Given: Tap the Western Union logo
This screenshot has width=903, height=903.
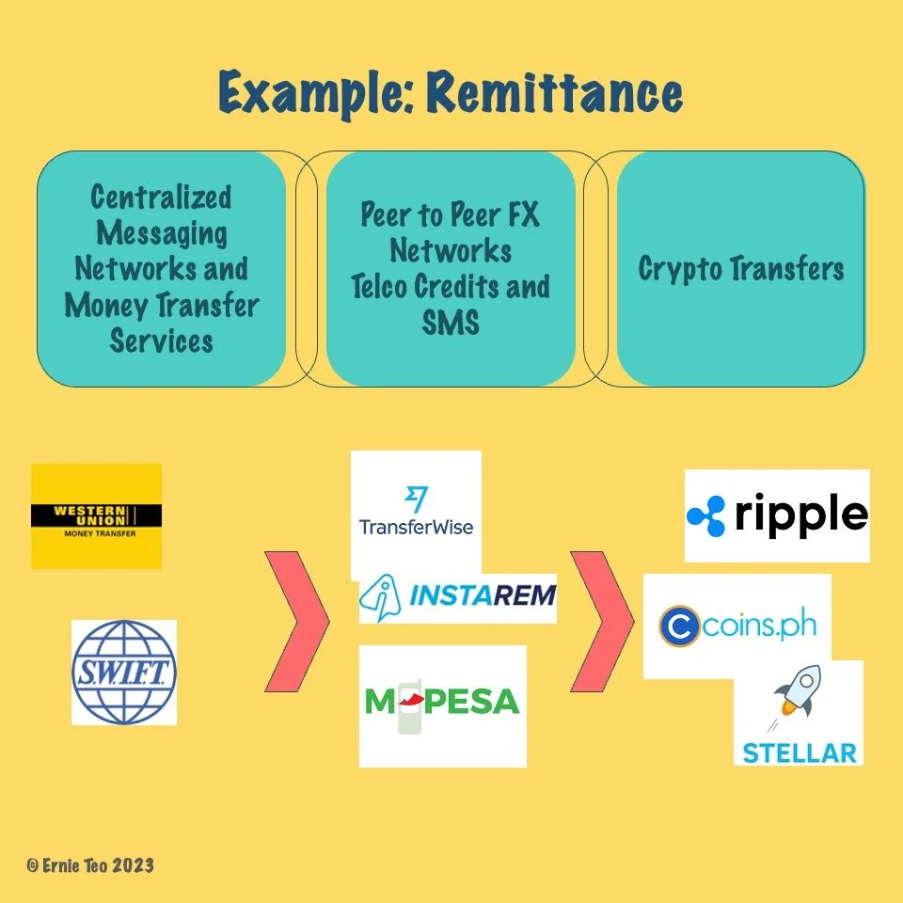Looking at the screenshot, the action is pyautogui.click(x=96, y=515).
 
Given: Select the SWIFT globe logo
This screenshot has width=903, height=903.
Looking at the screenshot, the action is pyautogui.click(x=124, y=672).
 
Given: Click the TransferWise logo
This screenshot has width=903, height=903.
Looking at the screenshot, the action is pyautogui.click(x=416, y=513).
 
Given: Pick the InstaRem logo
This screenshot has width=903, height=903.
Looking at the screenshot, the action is pyautogui.click(x=459, y=597).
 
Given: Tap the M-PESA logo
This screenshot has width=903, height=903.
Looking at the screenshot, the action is pyautogui.click(x=443, y=705).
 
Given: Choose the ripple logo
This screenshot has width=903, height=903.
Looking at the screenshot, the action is pyautogui.click(x=777, y=515).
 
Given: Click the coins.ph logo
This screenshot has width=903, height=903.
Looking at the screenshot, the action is pyautogui.click(x=737, y=626).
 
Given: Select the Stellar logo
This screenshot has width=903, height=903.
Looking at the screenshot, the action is pyautogui.click(x=799, y=713).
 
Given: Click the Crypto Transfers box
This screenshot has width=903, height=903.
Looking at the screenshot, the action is pyautogui.click(x=740, y=269).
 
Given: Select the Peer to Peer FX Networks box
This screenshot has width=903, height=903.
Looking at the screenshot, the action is pyautogui.click(x=451, y=269).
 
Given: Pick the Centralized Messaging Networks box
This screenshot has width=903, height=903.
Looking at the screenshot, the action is pyautogui.click(x=161, y=269).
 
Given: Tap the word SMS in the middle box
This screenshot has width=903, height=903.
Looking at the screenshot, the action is pyautogui.click(x=451, y=323).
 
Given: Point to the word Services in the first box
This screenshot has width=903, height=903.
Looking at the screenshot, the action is pyautogui.click(x=161, y=341).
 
